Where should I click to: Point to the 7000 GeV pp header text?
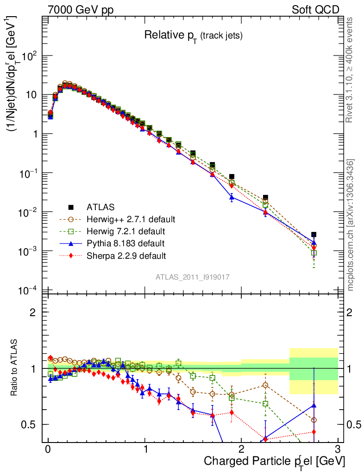point(81,10)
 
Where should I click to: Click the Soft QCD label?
point(315,10)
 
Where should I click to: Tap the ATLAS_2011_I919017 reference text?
point(193,276)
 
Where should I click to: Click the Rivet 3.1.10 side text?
point(351,69)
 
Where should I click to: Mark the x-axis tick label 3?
point(338,449)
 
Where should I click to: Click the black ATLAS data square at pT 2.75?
point(314,235)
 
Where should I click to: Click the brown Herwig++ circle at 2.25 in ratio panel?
point(265,385)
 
